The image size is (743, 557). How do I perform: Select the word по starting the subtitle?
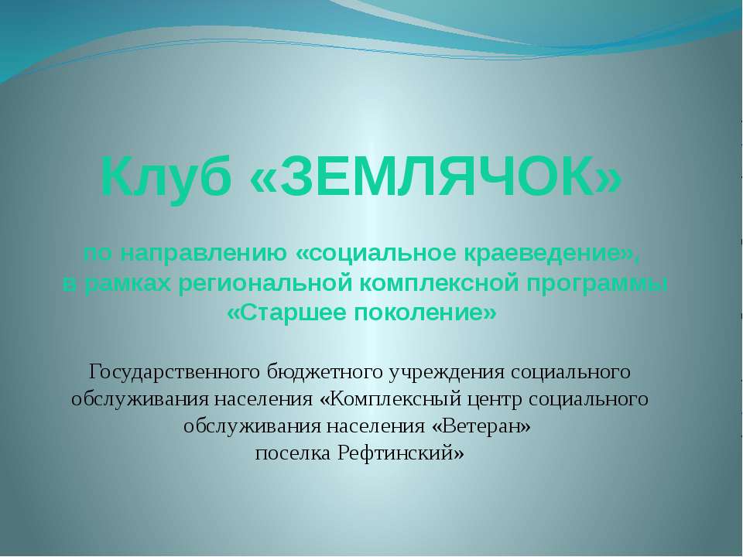click(x=94, y=254)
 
